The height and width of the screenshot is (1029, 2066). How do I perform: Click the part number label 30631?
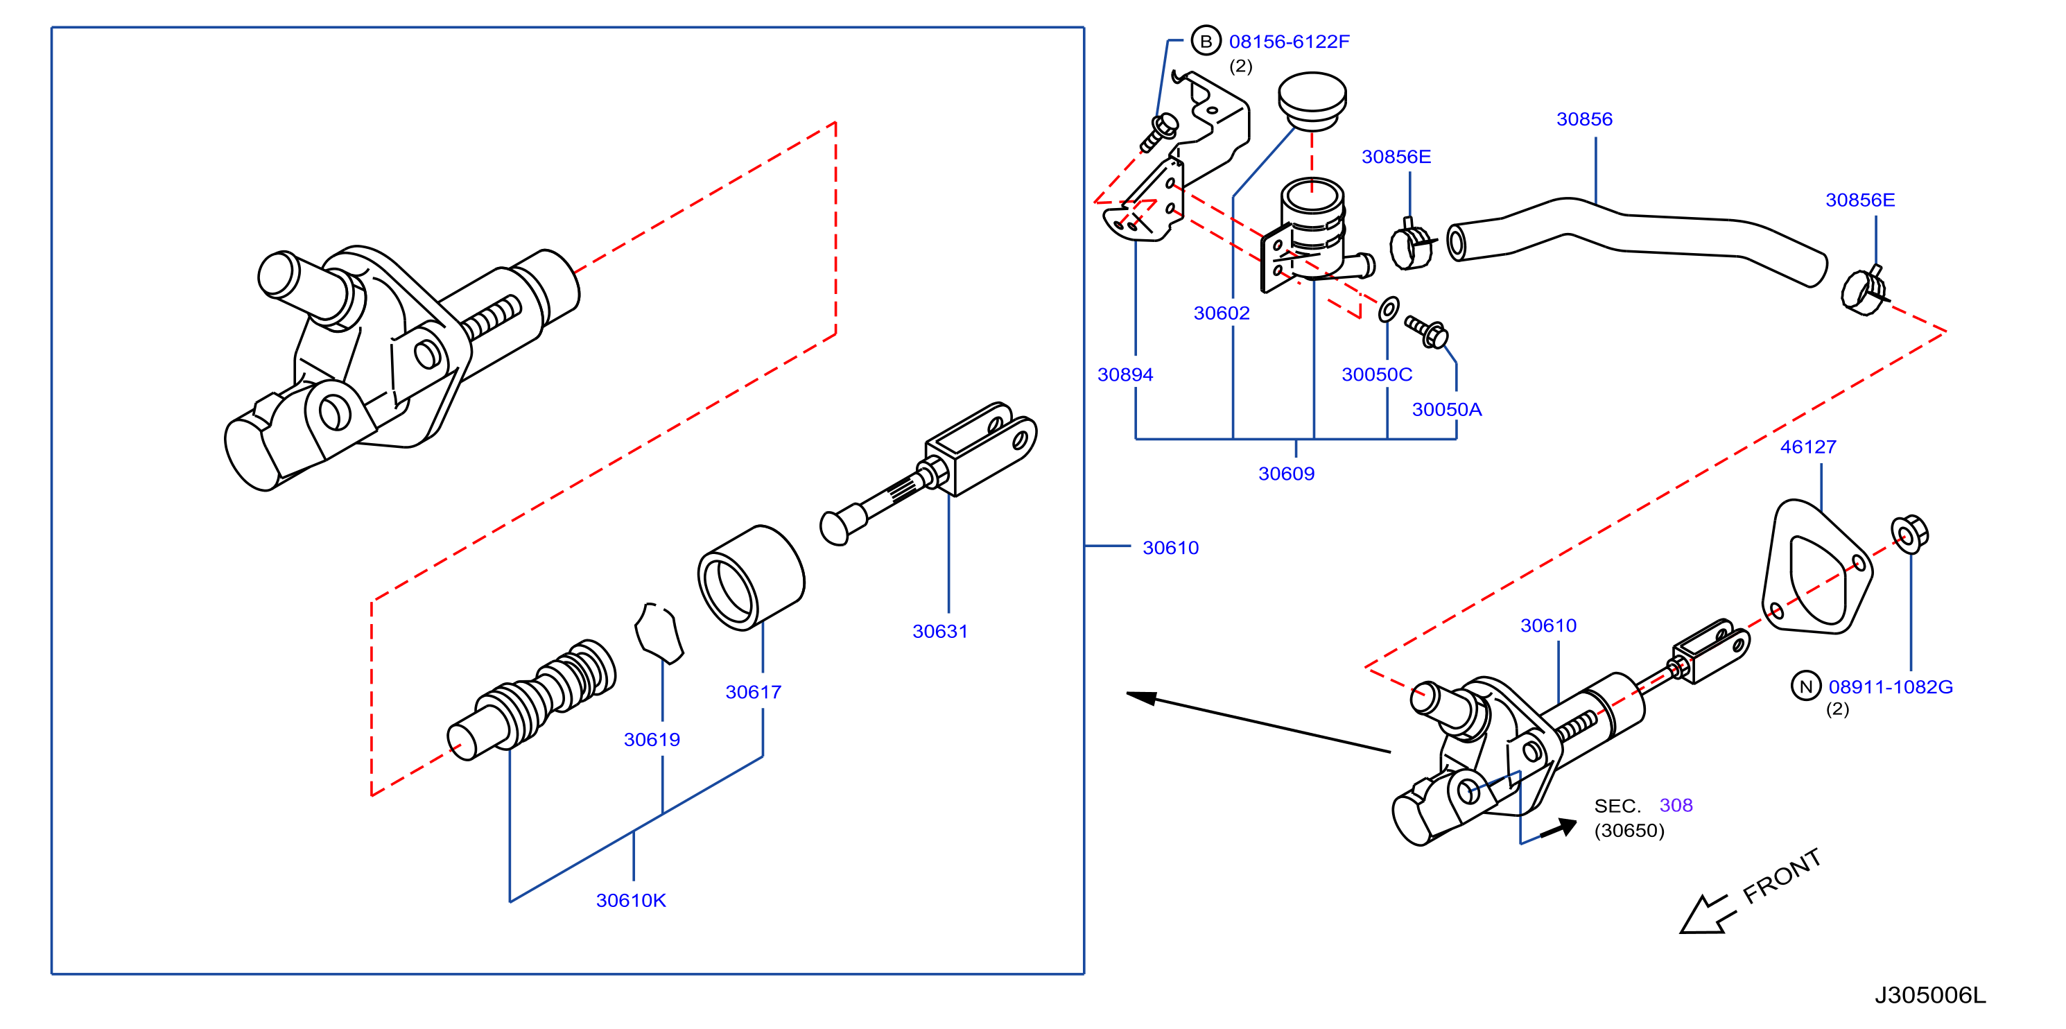click(x=939, y=631)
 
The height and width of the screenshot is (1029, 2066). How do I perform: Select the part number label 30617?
click(x=753, y=691)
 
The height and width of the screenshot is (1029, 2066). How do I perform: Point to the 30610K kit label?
click(x=630, y=900)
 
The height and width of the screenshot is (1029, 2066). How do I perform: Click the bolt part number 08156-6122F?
click(x=1289, y=41)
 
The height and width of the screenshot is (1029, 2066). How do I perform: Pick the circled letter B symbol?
click(x=1206, y=41)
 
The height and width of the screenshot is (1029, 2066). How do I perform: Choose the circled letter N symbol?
click(x=1805, y=686)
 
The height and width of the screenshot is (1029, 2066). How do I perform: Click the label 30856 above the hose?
click(x=1584, y=119)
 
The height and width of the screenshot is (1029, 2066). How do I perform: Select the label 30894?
click(x=1125, y=374)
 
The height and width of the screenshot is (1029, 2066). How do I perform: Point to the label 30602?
click(x=1221, y=313)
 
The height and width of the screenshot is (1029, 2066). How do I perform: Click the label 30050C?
click(x=1376, y=374)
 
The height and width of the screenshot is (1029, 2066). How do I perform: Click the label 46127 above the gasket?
click(x=1808, y=447)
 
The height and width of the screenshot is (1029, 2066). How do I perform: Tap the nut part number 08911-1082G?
click(x=1891, y=686)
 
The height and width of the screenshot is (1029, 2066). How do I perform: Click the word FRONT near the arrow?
click(x=1782, y=876)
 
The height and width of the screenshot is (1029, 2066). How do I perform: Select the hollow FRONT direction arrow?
click(x=1707, y=915)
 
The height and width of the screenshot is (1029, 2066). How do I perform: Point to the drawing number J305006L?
click(x=1929, y=994)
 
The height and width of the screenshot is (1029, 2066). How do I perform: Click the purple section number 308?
click(x=1676, y=805)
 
